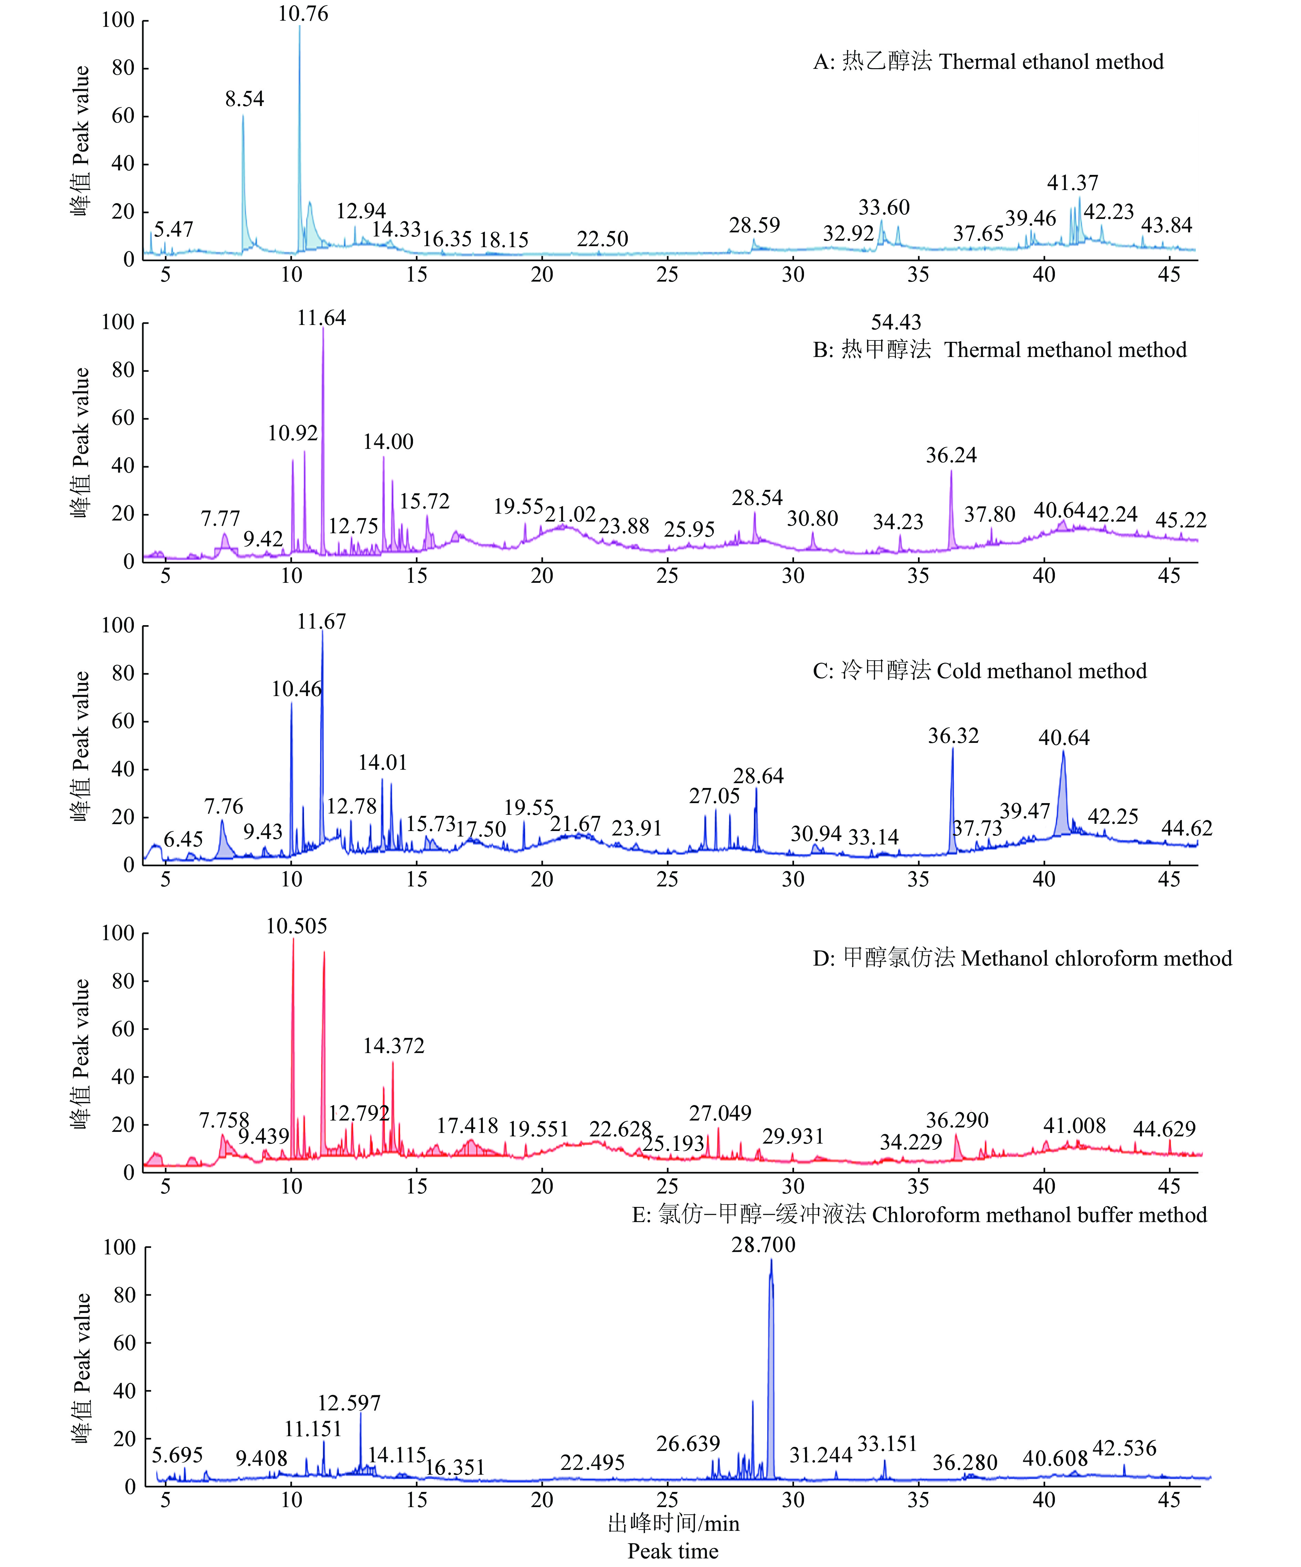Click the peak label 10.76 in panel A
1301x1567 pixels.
(303, 14)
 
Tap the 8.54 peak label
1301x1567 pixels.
(245, 99)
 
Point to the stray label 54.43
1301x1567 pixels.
(896, 322)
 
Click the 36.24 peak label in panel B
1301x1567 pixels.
(951, 455)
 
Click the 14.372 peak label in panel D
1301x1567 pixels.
(393, 1046)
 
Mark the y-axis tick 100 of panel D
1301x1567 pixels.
(118, 934)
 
